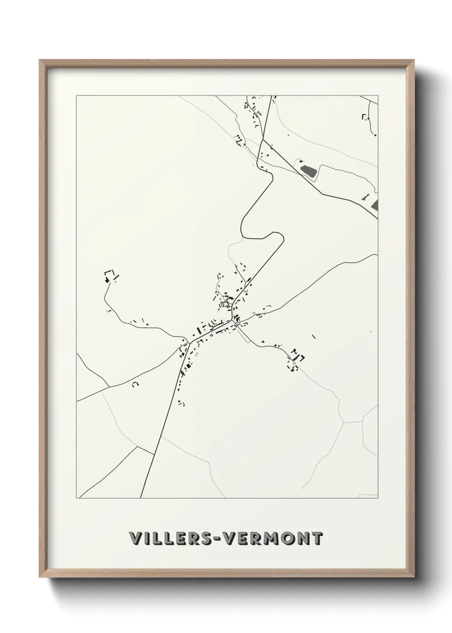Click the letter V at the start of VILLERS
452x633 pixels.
[x=135, y=538]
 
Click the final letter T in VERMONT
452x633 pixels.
[x=317, y=538]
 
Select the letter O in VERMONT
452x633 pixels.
[x=286, y=538]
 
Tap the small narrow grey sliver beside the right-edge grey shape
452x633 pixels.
[x=365, y=197]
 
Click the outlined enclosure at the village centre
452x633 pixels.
[x=225, y=305]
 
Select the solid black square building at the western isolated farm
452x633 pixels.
[x=107, y=280]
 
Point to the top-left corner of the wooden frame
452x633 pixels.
[x=40, y=60]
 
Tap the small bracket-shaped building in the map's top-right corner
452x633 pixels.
[x=364, y=116]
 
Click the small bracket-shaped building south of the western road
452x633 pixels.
[x=135, y=384]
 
